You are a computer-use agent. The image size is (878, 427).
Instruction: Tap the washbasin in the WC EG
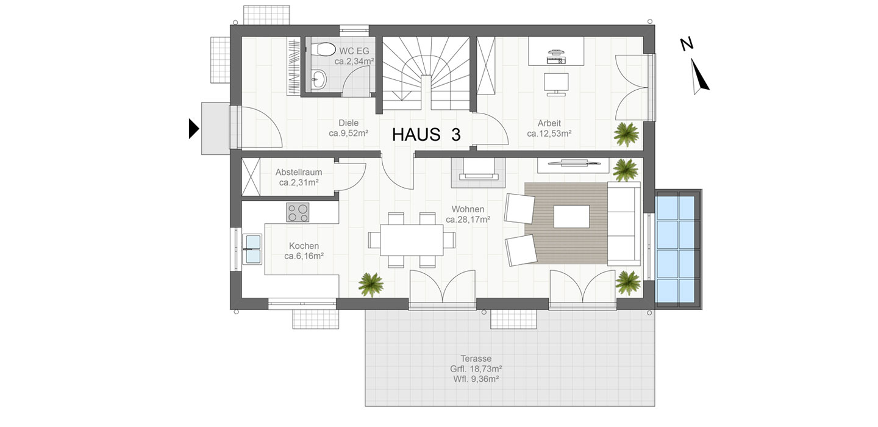tap(319, 79)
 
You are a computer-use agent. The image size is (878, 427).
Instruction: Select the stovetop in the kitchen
tap(298, 212)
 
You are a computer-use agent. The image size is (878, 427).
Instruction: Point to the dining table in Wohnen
tap(412, 240)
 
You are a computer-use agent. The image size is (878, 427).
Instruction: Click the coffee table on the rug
tap(571, 217)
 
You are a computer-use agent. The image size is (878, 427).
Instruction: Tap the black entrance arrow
tap(194, 129)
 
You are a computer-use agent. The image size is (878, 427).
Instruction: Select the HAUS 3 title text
tap(426, 135)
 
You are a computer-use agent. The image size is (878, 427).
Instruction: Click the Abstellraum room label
tap(299, 172)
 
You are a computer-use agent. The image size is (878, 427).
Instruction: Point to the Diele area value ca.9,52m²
tap(349, 134)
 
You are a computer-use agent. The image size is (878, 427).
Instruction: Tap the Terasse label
tap(476, 359)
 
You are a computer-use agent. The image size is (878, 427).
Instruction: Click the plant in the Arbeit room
tap(626, 134)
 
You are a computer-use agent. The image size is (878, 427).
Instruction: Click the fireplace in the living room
tap(478, 172)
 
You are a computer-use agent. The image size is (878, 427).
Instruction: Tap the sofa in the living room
tap(624, 223)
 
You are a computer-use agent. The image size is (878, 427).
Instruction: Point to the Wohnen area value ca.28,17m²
tap(468, 220)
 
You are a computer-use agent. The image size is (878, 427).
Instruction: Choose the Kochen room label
tap(304, 246)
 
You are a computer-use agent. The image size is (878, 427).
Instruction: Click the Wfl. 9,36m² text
tap(476, 379)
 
